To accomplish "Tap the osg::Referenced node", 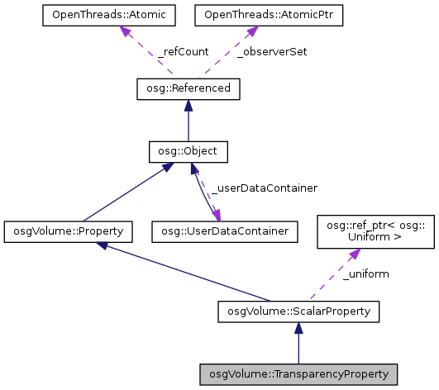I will (188, 88).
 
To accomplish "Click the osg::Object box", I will (188, 152).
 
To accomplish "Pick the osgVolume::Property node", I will (68, 232).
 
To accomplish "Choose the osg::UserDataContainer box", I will (224, 232).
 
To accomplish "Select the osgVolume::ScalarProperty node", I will (298, 312).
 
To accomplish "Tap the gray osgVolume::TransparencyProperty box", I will (298, 374).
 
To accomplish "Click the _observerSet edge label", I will (272, 51).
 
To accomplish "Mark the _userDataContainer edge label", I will (265, 188).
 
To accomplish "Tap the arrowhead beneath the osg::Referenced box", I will (188, 106).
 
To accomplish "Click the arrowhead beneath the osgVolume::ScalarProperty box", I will (298, 329).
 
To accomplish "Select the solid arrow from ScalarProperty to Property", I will (182, 272).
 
